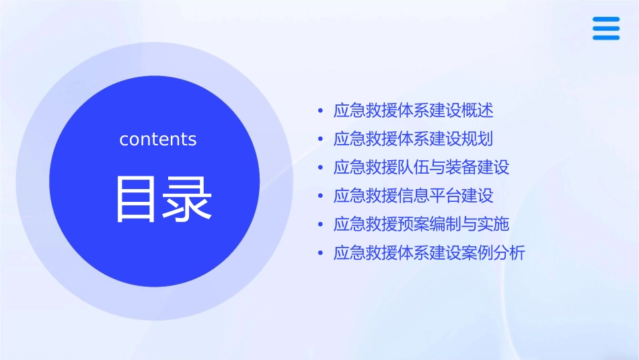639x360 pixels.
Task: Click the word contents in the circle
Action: click(x=158, y=139)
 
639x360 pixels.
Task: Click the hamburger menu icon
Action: click(x=606, y=28)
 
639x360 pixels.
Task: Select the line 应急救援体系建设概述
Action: click(x=414, y=110)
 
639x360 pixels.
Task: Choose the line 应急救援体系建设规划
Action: click(x=414, y=139)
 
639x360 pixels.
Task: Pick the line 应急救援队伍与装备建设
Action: click(x=422, y=168)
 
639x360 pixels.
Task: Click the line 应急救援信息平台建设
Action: click(x=414, y=196)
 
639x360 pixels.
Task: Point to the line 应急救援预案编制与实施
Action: click(x=422, y=225)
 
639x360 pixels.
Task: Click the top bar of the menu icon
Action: click(x=606, y=19)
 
